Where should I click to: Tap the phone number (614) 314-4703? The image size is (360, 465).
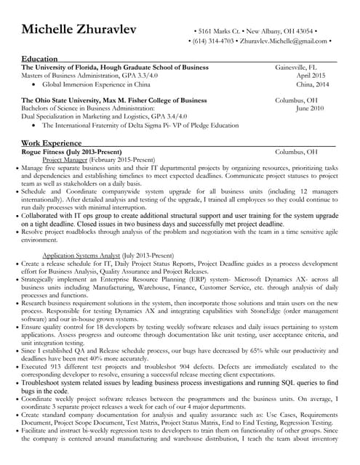[x=218, y=41]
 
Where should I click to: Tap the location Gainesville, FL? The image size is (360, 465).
[x=302, y=67]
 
